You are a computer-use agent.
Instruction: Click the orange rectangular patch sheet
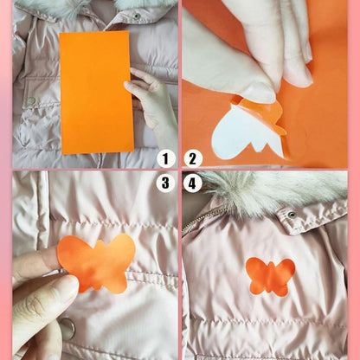coord(96,91)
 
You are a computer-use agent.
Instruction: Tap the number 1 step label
coord(165,158)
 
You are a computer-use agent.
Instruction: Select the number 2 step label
coord(193,158)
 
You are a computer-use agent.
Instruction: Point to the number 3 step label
coord(165,183)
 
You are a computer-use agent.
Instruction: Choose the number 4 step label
coord(193,183)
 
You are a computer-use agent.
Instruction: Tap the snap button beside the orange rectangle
coord(31,102)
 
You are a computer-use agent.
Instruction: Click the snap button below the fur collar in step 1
coord(137,16)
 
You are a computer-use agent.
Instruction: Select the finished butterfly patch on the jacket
coord(270,276)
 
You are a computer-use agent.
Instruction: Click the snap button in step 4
coord(292,214)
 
